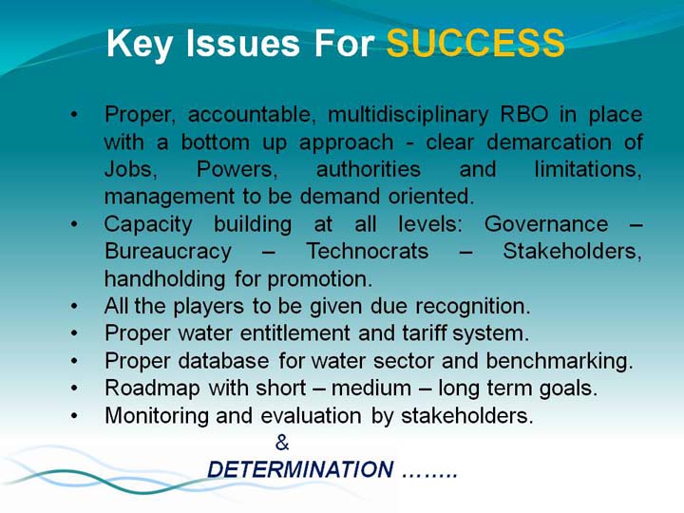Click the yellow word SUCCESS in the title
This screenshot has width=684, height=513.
[476, 43]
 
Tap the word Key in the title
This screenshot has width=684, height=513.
[139, 45]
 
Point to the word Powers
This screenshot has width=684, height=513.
[237, 170]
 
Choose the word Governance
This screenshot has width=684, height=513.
[546, 224]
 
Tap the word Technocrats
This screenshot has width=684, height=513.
[368, 251]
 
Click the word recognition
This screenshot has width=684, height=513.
[473, 307]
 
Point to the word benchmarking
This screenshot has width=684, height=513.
[560, 362]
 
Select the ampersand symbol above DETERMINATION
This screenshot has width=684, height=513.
[282, 443]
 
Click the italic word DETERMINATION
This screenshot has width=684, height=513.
[300, 470]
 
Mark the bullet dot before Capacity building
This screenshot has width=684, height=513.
[74, 224]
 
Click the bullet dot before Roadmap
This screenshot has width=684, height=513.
[74, 389]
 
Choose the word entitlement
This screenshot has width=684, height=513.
[295, 333]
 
